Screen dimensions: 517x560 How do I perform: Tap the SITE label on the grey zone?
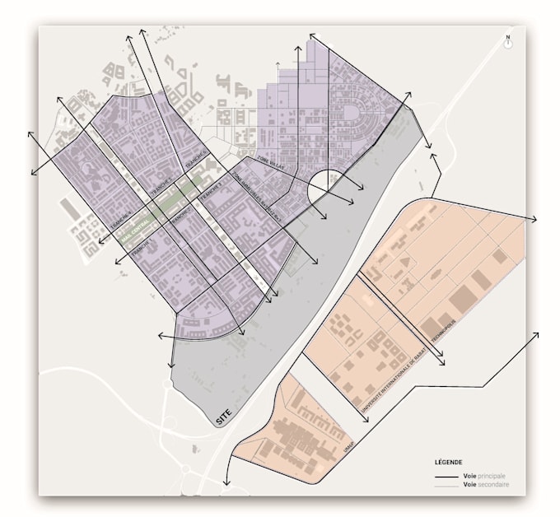click(223, 418)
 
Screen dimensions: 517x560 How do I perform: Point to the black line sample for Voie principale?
click(447, 477)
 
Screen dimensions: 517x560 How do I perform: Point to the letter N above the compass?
click(509, 37)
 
